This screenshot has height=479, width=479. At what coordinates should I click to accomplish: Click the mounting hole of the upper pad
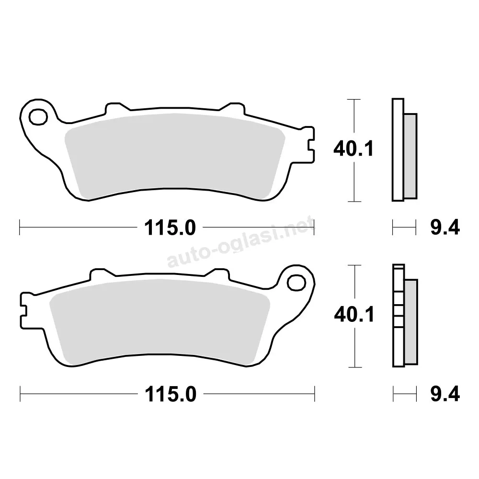(38, 117)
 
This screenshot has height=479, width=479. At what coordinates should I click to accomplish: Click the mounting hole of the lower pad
(297, 283)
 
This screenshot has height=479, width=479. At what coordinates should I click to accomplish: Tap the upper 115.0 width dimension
(170, 228)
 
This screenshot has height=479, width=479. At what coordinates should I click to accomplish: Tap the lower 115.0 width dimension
(171, 394)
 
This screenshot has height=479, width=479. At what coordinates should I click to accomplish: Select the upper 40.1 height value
(353, 149)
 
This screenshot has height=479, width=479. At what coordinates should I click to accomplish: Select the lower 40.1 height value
(354, 315)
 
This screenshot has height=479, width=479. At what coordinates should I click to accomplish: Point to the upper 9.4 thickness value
(445, 228)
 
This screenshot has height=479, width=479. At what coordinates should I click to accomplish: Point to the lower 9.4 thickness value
(445, 394)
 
